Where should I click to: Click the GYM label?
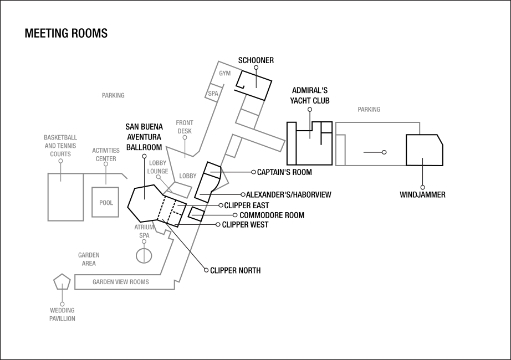click(x=224, y=73)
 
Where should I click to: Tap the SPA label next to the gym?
click(x=213, y=94)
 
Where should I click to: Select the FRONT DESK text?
click(x=185, y=127)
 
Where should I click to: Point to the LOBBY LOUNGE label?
click(x=157, y=167)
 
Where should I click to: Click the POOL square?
click(x=105, y=203)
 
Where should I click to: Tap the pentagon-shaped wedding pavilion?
click(x=62, y=282)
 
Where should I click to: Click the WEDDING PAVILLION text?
click(x=62, y=315)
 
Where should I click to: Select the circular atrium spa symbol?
click(x=144, y=255)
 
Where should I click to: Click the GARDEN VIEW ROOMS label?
click(x=120, y=282)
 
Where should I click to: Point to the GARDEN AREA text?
click(x=89, y=259)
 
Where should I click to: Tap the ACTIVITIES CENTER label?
click(x=106, y=155)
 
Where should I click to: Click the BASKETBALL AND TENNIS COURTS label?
click(x=60, y=146)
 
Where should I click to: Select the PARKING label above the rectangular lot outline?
click(x=369, y=110)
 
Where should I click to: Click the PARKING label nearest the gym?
click(x=113, y=95)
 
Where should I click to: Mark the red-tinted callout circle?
click(x=235, y=215)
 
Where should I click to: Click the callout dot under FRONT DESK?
click(x=185, y=137)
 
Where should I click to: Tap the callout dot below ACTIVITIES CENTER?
click(x=106, y=164)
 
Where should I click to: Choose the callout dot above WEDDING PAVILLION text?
click(x=62, y=304)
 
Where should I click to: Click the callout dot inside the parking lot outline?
click(x=384, y=152)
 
